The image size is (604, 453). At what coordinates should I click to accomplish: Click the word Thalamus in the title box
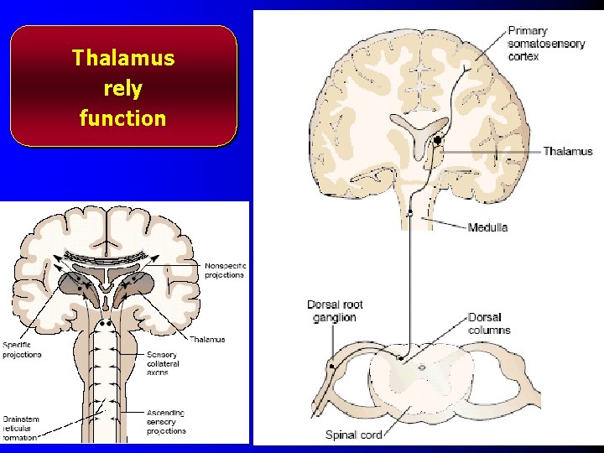click(123, 58)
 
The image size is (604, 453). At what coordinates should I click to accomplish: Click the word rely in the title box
click(123, 88)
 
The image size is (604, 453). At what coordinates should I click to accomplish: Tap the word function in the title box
click(123, 118)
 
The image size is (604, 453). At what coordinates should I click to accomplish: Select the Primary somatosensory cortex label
click(546, 44)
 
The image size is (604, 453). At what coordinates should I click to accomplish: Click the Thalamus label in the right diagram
click(567, 152)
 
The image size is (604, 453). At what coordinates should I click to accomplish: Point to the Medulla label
click(487, 227)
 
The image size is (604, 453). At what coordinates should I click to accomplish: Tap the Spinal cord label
click(353, 435)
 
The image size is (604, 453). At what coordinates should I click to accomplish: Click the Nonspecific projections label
click(224, 270)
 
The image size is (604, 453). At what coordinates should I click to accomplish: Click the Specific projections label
click(21, 350)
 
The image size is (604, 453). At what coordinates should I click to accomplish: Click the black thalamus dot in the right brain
click(438, 139)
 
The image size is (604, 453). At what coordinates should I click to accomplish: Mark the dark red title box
click(123, 86)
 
